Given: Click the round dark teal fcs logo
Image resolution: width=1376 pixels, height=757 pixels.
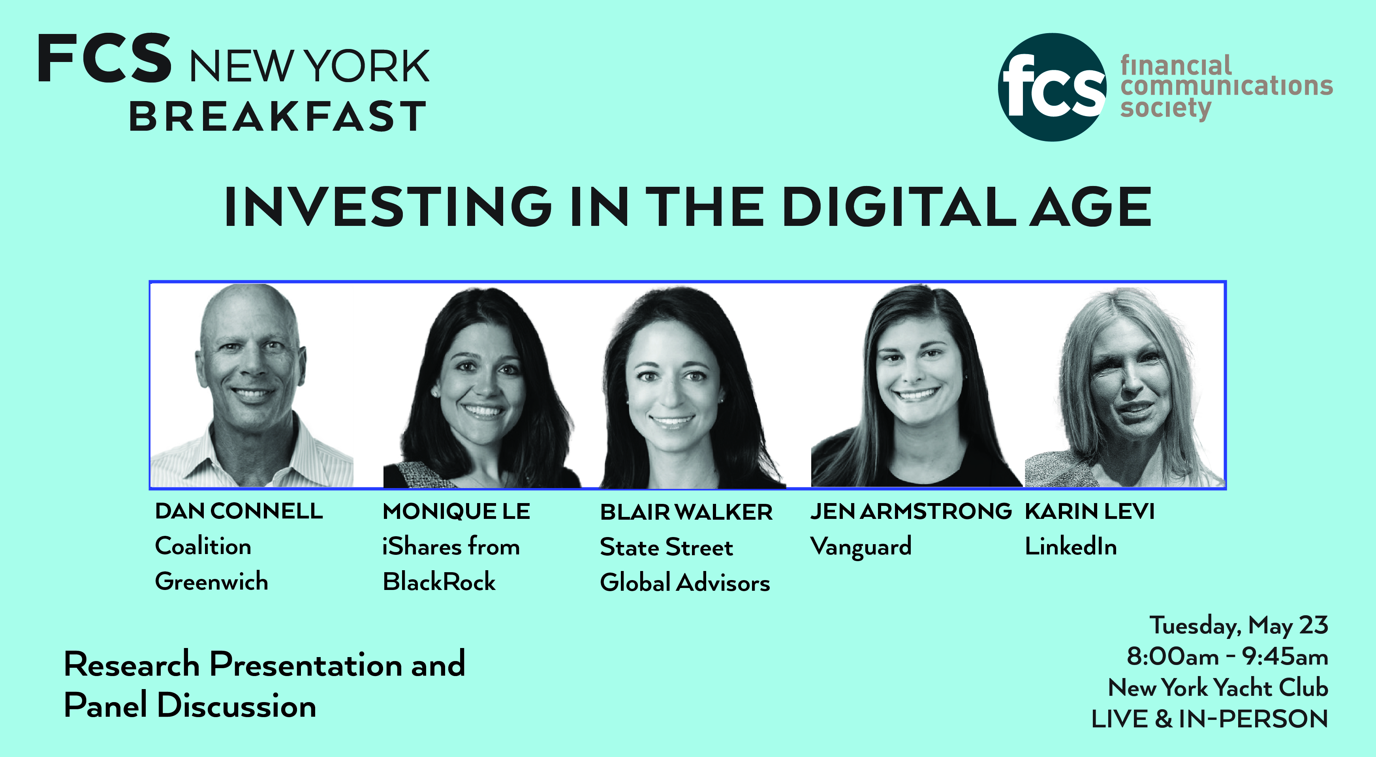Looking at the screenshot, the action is click(1052, 87).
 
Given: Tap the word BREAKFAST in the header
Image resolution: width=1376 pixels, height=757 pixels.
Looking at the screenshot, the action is click(278, 116).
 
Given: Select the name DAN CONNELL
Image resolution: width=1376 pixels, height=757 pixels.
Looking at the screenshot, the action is click(239, 511).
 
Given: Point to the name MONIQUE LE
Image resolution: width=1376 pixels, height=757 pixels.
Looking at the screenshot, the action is click(456, 511).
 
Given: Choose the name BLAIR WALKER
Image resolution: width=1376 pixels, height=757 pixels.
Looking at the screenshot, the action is click(686, 512).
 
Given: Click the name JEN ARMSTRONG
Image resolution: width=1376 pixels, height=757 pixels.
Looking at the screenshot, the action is click(911, 511).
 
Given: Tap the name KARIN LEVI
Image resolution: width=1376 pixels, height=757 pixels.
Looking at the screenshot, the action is click(1090, 511).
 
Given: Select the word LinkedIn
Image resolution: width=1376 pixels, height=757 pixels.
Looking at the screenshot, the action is click(1070, 546).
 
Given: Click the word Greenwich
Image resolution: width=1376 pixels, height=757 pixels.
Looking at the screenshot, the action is click(212, 581).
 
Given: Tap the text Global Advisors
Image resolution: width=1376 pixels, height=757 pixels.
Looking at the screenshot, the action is click(685, 582).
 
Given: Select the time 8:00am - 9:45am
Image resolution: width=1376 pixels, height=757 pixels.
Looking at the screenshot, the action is click(1227, 657).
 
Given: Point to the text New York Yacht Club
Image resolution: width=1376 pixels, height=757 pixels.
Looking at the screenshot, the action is click(1218, 687).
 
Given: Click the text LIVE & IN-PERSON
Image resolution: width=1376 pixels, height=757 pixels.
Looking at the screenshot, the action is click(1209, 719).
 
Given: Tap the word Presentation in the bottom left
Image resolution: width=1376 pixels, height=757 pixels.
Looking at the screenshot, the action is click(306, 664).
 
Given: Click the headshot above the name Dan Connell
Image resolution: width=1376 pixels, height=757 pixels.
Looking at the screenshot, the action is click(251, 385).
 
